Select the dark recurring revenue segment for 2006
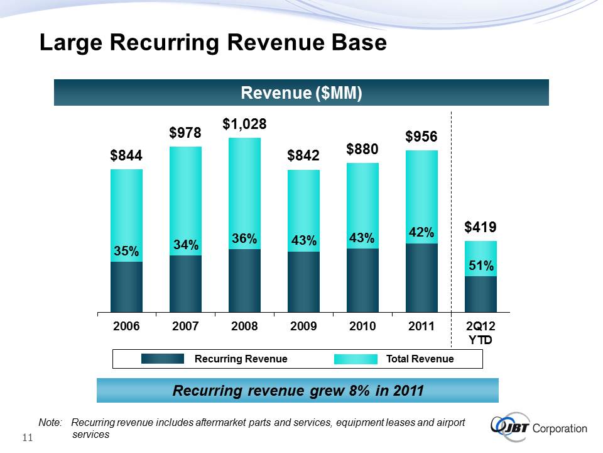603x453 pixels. [x=126, y=286]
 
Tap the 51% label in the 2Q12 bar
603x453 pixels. [x=481, y=267]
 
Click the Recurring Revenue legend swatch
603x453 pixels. [x=162, y=359]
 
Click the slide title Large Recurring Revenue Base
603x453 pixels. [x=212, y=43]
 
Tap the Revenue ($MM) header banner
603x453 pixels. [x=301, y=93]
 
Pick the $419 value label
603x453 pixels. [x=481, y=227]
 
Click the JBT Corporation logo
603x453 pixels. [x=538, y=427]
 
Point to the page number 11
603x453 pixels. [x=28, y=438]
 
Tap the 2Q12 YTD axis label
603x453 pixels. [x=481, y=333]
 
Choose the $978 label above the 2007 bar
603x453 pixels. [x=185, y=133]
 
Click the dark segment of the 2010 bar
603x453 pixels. [x=362, y=280]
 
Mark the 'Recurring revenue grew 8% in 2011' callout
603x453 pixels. [x=298, y=391]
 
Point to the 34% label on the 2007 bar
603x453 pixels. [x=185, y=244]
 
